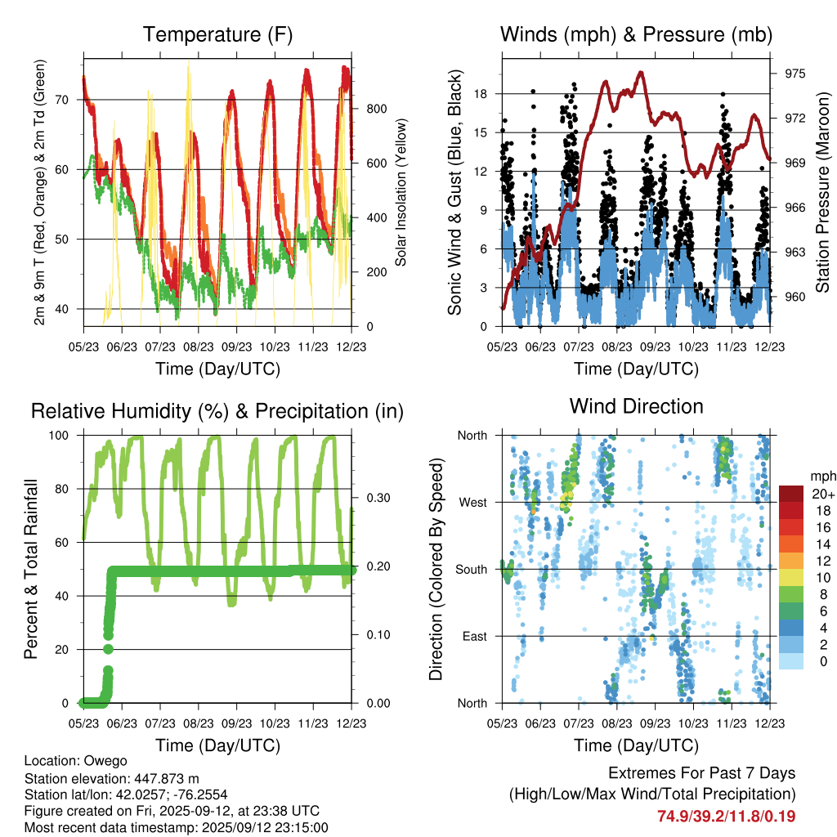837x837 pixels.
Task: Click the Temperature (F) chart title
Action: pyautogui.click(x=217, y=35)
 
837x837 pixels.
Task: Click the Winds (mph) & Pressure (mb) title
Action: pyautogui.click(x=636, y=35)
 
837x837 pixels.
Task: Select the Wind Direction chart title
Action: pyautogui.click(x=636, y=406)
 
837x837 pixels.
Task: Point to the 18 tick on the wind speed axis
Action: pyautogui.click(x=481, y=94)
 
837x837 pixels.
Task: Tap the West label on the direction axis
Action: pyautogui.click(x=472, y=502)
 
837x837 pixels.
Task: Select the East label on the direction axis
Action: pyautogui.click(x=474, y=636)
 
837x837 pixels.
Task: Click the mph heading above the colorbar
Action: pyautogui.click(x=822, y=477)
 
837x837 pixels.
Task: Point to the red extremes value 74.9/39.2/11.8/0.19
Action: pyautogui.click(x=726, y=816)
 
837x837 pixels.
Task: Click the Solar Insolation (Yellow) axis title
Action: pyautogui.click(x=401, y=192)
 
